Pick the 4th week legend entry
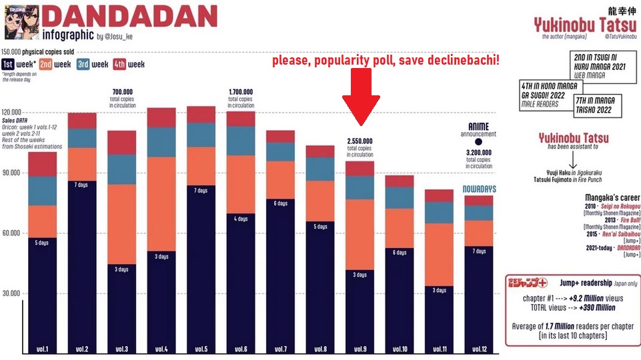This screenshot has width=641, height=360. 129,64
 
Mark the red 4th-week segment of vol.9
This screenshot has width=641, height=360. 360,168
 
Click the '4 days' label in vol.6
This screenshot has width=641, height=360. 241,219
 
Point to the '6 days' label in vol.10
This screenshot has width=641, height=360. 400,253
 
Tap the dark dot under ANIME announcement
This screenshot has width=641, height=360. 478,142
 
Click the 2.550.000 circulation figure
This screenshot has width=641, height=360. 360,141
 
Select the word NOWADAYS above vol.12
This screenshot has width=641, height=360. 479,189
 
